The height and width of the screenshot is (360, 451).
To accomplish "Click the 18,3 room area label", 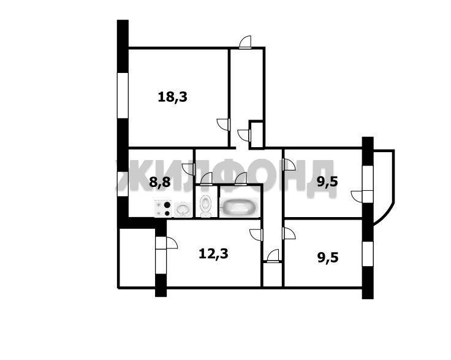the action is point(173,98).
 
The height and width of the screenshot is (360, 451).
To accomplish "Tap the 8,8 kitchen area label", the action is point(160,182).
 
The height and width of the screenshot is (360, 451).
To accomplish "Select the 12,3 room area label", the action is point(213,254).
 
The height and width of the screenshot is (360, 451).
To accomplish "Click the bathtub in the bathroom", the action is point(240,207).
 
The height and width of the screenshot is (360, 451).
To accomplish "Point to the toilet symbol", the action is point(205,205).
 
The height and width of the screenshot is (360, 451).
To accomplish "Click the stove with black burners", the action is point(163,209).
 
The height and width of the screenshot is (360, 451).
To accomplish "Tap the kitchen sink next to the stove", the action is point(183,210).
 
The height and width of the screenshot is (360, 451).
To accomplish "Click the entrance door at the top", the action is point(246,42).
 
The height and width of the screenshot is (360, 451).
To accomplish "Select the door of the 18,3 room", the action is point(224,124).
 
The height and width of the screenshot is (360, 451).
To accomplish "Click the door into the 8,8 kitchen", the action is point(189,169).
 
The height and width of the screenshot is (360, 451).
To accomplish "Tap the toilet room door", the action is point(207,178).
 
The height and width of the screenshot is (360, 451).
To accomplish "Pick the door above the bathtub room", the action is point(241,178).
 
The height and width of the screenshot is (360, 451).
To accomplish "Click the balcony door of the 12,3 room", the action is point(167,243).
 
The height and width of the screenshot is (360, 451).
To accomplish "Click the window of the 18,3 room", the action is point(123,95).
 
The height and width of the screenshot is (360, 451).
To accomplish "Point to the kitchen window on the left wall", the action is point(123,184).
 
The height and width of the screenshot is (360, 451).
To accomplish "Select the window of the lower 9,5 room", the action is point(368,253).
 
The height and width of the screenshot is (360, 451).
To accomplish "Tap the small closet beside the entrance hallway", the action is point(256,135).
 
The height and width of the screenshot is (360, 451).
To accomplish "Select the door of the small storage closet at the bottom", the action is point(273,256).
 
